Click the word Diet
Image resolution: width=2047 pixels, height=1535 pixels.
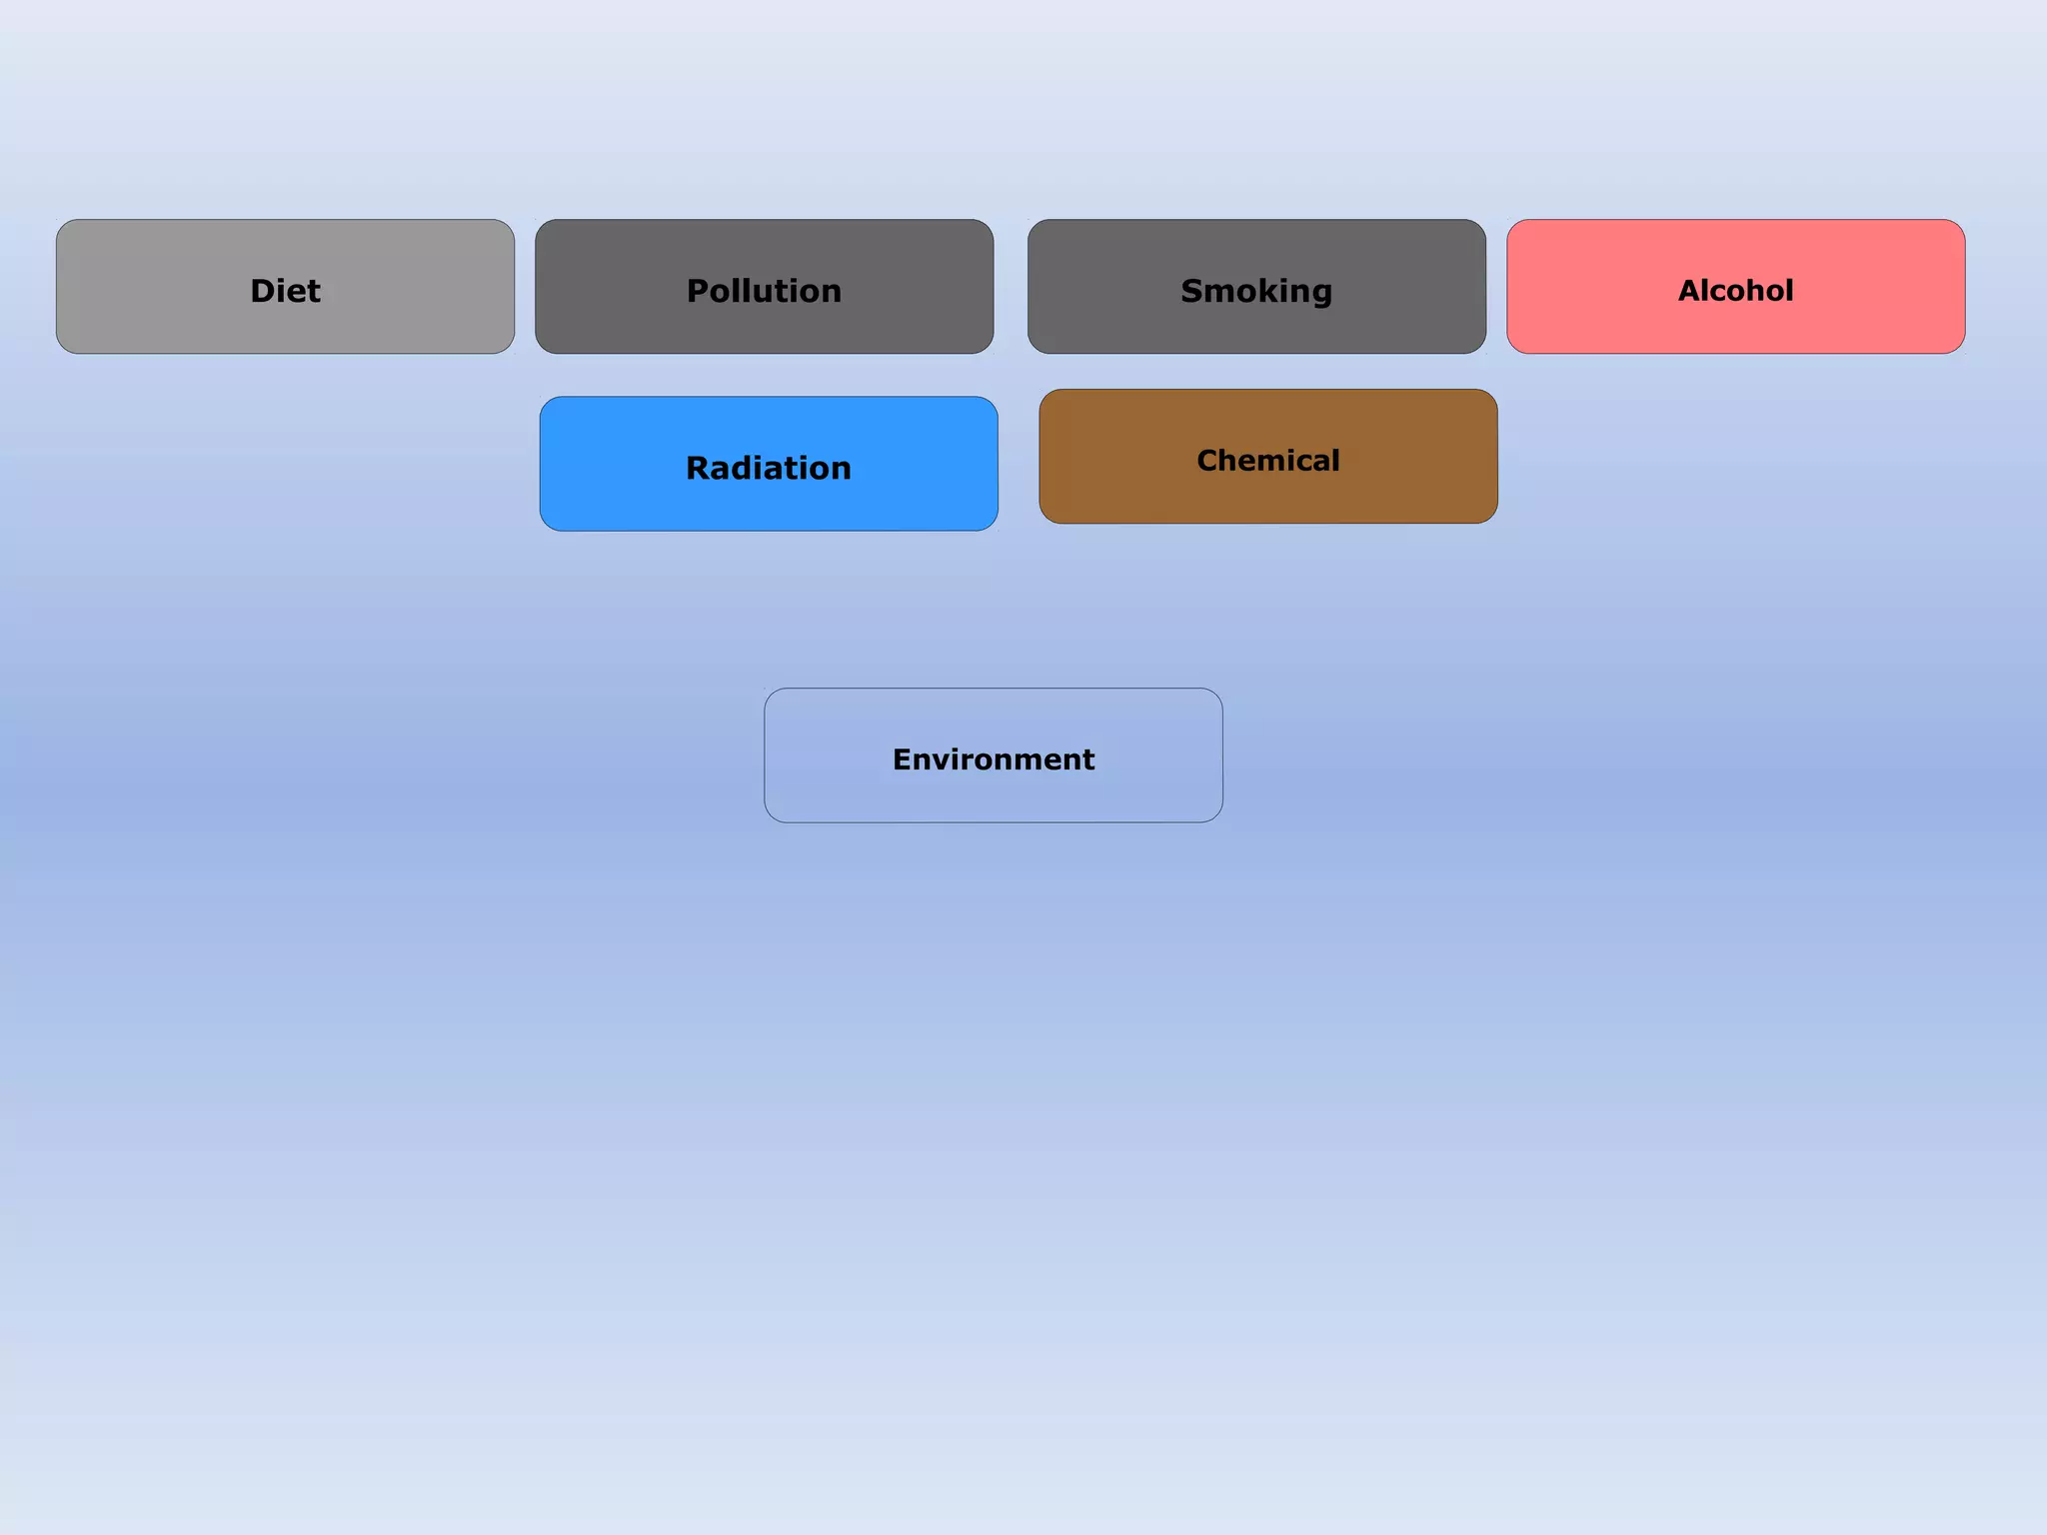(x=285, y=291)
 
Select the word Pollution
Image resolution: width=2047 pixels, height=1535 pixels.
(x=764, y=291)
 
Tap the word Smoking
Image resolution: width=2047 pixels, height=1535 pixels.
(x=1256, y=291)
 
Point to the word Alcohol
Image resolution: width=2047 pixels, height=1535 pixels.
(x=1735, y=291)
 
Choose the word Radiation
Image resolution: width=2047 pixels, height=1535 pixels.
(x=768, y=468)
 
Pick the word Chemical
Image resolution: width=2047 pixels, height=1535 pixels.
(x=1267, y=460)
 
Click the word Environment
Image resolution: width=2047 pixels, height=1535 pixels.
(x=994, y=760)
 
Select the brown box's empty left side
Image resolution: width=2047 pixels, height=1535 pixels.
(x=1109, y=457)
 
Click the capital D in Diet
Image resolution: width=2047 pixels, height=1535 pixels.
(x=262, y=291)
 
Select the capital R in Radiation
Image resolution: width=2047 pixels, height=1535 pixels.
(x=699, y=468)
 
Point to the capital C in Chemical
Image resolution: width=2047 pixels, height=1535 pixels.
(x=1208, y=460)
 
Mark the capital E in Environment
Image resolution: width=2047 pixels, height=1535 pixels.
(x=903, y=760)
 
